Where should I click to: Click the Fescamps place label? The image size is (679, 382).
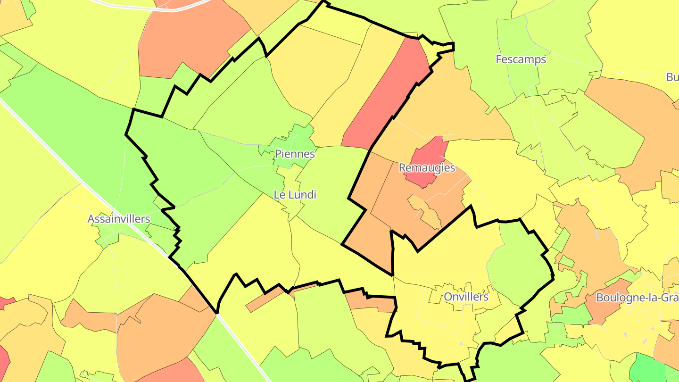pos(521,59)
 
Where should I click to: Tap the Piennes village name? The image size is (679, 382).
pos(295,154)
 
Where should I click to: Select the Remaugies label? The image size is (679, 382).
pos(427,168)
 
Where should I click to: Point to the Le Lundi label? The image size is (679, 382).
pos(295,194)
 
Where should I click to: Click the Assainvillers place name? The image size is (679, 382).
pos(119,219)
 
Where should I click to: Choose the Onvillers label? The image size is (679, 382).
pos(466,297)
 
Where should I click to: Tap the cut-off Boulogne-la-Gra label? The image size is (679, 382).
pos(637,298)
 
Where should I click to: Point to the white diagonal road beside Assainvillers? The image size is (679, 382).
pos(71,165)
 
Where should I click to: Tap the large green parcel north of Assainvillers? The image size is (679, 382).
pos(71,123)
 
